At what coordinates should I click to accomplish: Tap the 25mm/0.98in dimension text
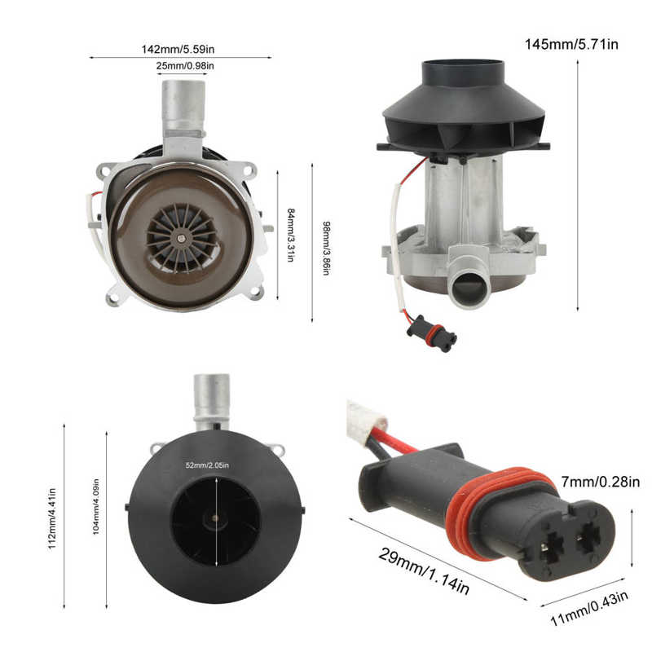(187, 65)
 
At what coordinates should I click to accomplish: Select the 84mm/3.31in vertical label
(291, 235)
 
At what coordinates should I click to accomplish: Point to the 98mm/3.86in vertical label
(324, 246)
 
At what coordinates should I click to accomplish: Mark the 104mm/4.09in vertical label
(95, 518)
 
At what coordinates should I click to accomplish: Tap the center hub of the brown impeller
(180, 238)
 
